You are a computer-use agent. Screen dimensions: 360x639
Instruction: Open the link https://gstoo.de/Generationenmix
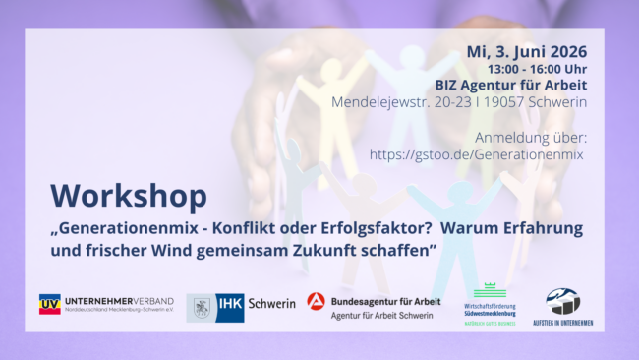477,153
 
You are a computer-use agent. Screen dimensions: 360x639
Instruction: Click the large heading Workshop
116,195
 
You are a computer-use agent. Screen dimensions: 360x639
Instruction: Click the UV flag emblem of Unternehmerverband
49,304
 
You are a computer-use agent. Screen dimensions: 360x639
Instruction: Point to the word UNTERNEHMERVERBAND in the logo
119,300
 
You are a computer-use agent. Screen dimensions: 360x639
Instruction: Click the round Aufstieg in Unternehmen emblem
563,301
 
